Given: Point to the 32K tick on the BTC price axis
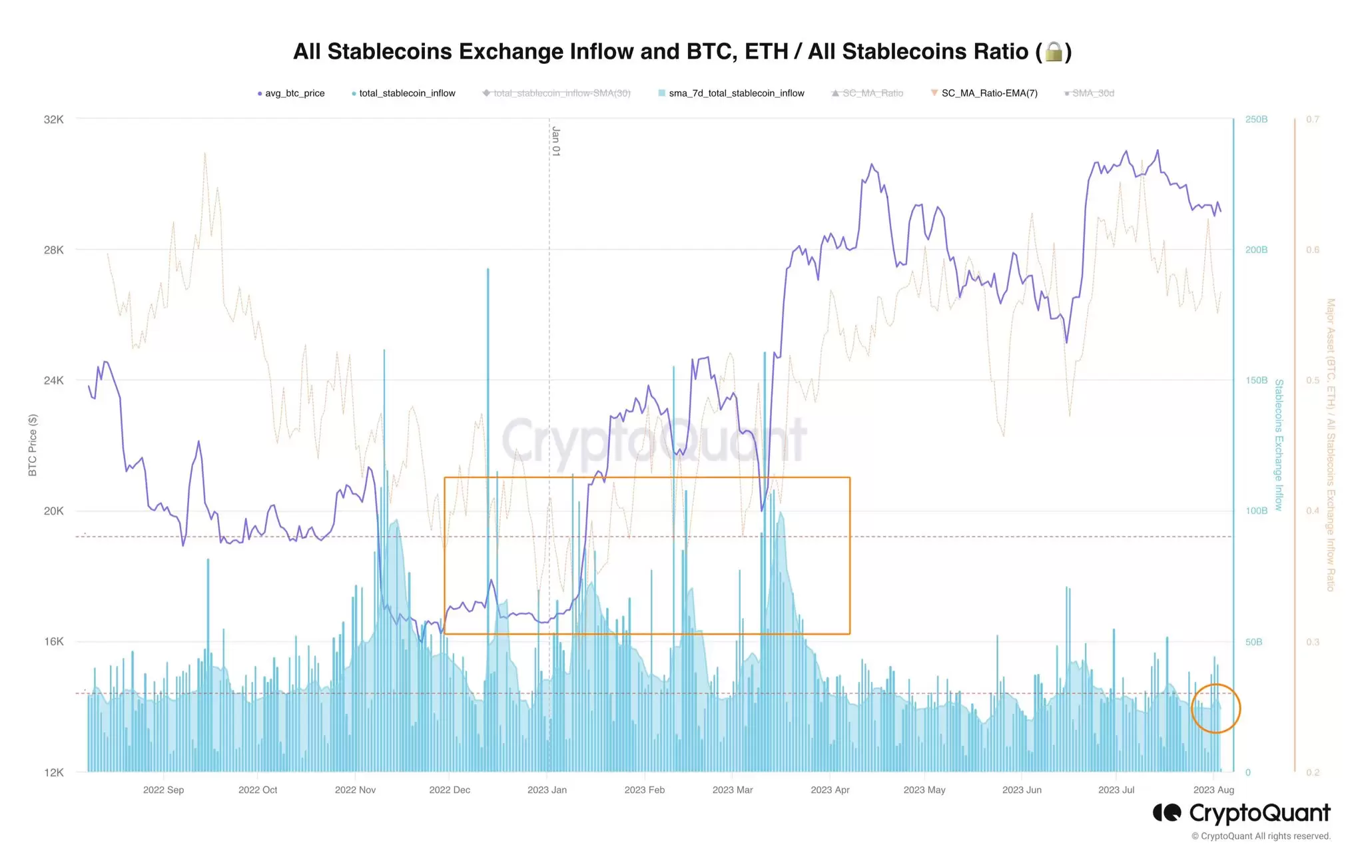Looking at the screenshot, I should [x=54, y=120].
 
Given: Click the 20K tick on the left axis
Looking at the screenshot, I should [x=54, y=511].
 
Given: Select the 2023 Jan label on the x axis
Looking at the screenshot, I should [x=547, y=790].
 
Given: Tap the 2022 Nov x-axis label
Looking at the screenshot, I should [x=355, y=790].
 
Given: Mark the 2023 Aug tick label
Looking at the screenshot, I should [x=1213, y=790].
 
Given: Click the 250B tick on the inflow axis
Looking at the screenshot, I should [x=1256, y=120].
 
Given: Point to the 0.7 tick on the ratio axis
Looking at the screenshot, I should [x=1312, y=120].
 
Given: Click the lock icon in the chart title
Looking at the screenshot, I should [x=1054, y=52].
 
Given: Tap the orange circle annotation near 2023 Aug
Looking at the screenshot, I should [x=1215, y=709].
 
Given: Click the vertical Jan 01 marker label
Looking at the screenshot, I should [x=555, y=141].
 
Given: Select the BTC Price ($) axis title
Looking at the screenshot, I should [x=33, y=445].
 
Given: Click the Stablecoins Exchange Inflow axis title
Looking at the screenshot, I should [x=1278, y=445].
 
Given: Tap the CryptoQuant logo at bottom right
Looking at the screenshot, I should [x=1241, y=813].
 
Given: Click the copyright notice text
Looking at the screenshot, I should [x=1260, y=836].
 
